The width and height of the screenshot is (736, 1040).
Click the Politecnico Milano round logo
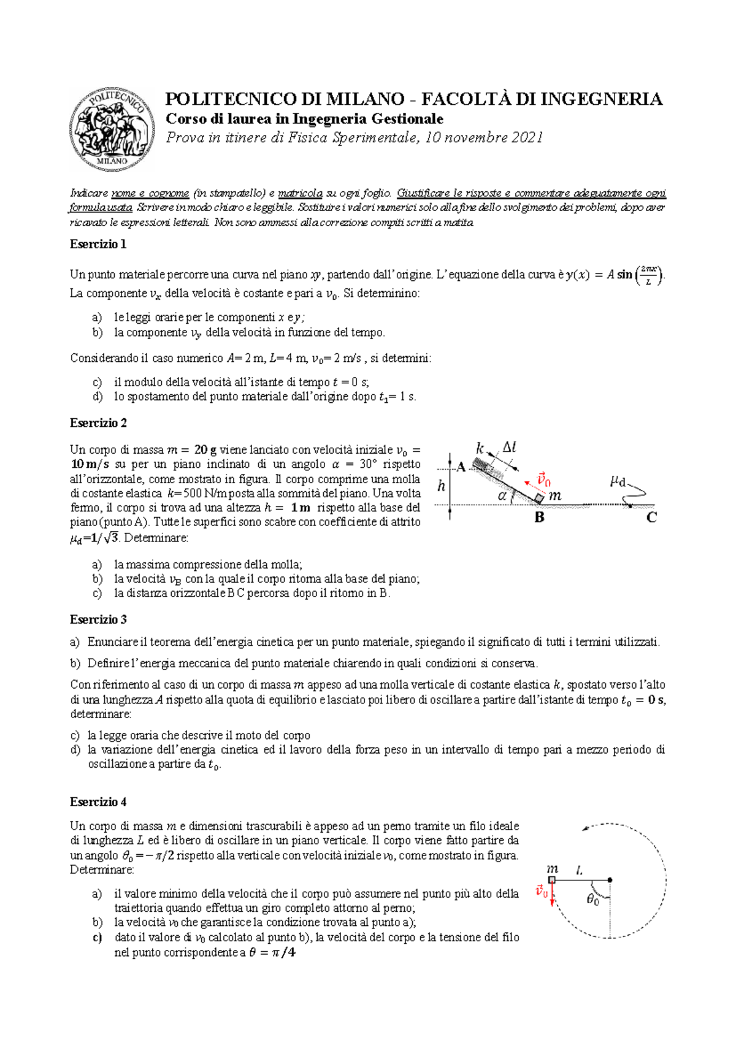click(x=112, y=128)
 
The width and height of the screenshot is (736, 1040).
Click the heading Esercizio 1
click(x=98, y=244)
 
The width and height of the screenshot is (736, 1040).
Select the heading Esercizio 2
click(x=98, y=423)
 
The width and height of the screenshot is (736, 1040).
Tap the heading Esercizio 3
click(x=98, y=619)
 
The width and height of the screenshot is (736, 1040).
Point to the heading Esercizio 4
click(x=98, y=802)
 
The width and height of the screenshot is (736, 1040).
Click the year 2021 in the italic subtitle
click(x=526, y=137)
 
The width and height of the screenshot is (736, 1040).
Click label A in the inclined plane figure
click(x=461, y=467)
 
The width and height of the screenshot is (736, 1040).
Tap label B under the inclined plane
click(x=539, y=518)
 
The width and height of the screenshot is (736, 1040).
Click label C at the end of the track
click(x=651, y=518)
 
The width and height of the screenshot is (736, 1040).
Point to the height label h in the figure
click(x=441, y=486)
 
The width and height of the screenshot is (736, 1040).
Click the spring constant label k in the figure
click(x=480, y=448)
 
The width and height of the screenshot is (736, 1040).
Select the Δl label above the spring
click(x=509, y=448)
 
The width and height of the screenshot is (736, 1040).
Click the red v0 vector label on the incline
click(x=543, y=479)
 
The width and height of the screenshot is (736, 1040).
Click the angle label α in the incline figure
click(x=502, y=495)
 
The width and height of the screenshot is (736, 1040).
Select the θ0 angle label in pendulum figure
click(x=592, y=900)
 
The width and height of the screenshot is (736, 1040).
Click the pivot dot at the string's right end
click(x=610, y=880)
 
